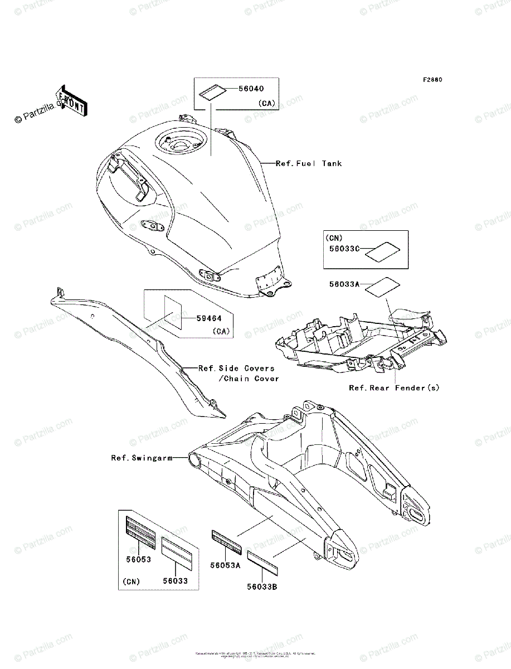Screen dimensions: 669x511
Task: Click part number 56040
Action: pyautogui.click(x=251, y=89)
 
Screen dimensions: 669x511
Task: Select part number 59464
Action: pyautogui.click(x=208, y=319)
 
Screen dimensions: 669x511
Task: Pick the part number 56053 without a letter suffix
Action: pyautogui.click(x=138, y=559)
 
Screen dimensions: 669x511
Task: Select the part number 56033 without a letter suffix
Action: pyautogui.click(x=175, y=581)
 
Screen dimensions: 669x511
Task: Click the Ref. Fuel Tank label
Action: pyautogui.click(x=309, y=163)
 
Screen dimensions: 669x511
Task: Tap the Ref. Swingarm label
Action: pyautogui.click(x=141, y=458)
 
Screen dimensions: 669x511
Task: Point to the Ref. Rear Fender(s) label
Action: pyautogui.click(x=394, y=388)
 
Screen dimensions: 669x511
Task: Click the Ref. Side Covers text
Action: pyautogui.click(x=237, y=368)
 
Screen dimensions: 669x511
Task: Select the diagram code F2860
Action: pyautogui.click(x=432, y=80)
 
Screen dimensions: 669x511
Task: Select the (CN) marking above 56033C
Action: pyautogui.click(x=334, y=237)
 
